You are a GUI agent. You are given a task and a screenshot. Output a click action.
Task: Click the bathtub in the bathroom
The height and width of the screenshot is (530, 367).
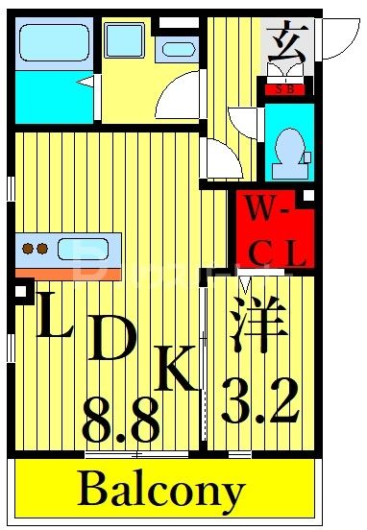54,44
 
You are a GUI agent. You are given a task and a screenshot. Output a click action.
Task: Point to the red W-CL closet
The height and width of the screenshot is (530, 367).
274,230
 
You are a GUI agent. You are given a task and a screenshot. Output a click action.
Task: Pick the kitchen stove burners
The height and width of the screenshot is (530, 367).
36,249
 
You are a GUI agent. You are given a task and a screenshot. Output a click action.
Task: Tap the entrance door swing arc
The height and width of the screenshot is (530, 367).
336,38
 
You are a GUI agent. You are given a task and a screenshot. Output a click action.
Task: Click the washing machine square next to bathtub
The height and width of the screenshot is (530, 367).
124,41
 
